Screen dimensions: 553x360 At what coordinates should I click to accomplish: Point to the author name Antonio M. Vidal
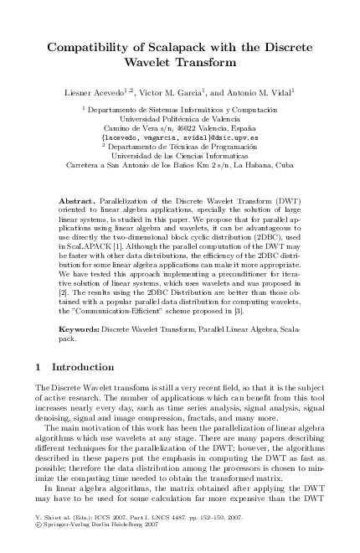(252, 89)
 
